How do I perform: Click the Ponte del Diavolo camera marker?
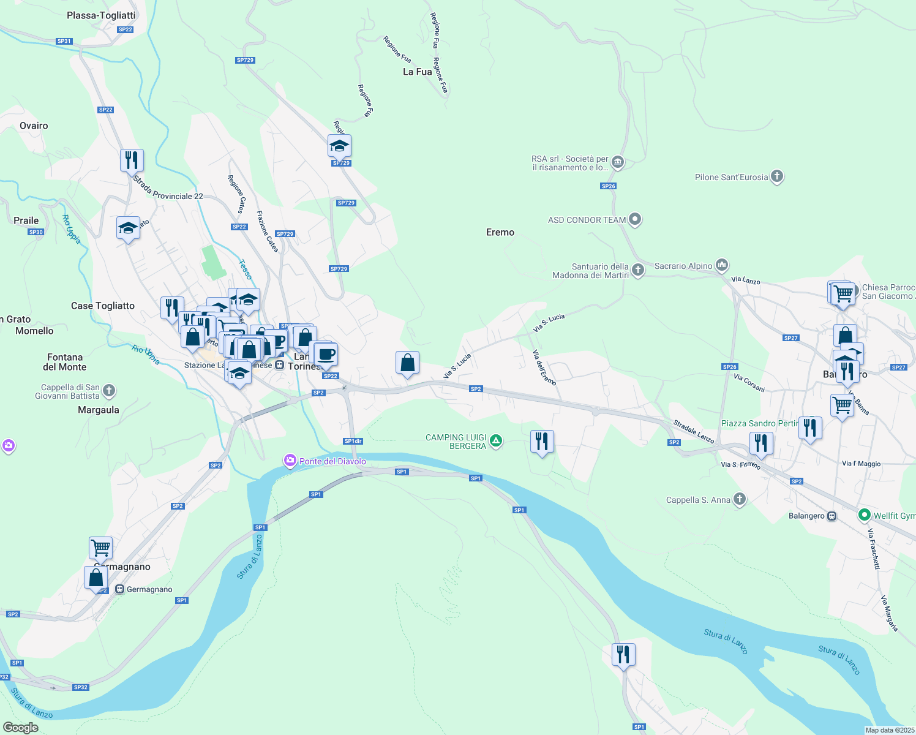coord(290,461)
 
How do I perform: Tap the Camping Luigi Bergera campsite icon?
coord(496,441)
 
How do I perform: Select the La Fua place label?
coord(417,72)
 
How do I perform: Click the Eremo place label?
coord(500,232)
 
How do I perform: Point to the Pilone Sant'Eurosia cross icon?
coord(777,177)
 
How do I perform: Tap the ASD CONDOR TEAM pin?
coord(635,219)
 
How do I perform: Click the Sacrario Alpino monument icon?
coord(722,265)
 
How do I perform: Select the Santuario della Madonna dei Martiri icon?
coord(638,270)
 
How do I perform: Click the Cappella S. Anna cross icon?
coord(740,499)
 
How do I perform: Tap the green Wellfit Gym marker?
coord(865,515)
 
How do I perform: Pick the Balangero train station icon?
coord(832,516)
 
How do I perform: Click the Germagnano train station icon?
coord(120,589)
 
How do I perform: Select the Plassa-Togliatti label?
coord(101,15)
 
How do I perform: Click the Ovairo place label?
coord(34,126)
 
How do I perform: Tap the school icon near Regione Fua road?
coord(339,146)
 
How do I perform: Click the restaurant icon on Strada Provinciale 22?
coord(132,160)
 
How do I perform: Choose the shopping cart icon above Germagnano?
coord(100,547)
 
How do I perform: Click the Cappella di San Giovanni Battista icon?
coord(109,390)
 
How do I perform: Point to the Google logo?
coord(20,727)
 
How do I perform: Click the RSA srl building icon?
coord(617,162)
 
